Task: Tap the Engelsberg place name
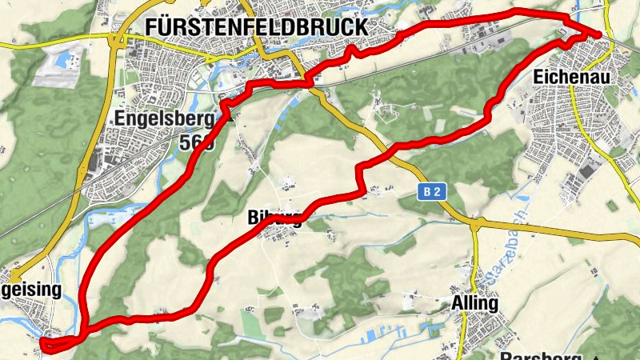click(x=165, y=120)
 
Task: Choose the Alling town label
click(x=474, y=304)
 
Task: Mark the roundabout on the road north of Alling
click(x=475, y=227)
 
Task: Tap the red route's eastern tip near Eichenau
click(x=601, y=33)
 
